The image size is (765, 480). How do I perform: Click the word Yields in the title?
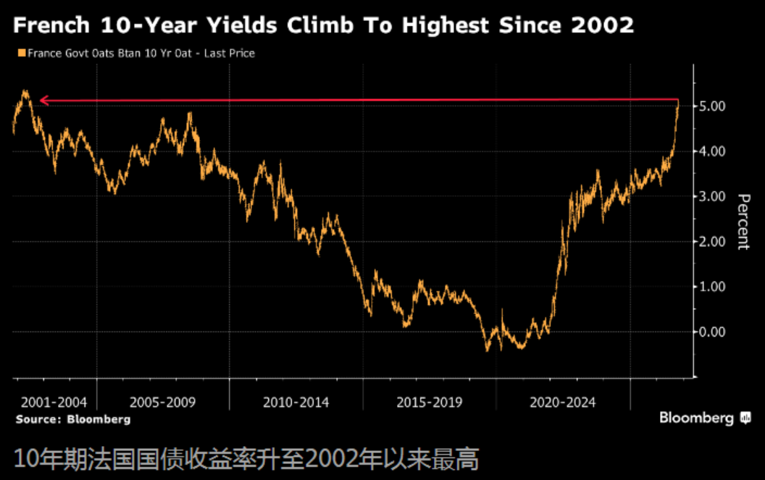[x=241, y=25]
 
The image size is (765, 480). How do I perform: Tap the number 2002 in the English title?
[x=603, y=25]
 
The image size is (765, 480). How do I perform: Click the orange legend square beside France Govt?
[x=22, y=53]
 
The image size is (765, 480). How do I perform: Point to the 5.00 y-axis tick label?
[x=712, y=106]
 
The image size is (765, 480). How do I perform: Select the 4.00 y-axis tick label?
[x=712, y=151]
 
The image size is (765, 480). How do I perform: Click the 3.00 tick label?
[x=712, y=197]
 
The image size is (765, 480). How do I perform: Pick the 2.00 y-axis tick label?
[x=712, y=242]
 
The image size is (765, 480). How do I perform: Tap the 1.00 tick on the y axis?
[x=712, y=287]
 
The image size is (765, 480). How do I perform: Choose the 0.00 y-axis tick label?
[x=712, y=332]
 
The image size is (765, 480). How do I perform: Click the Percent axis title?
[x=743, y=222]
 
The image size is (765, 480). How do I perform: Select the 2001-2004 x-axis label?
[x=54, y=403]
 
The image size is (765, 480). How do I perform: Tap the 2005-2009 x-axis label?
[x=162, y=403]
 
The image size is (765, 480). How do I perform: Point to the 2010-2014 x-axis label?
[x=296, y=403]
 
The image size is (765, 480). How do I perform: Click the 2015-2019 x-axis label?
[x=430, y=403]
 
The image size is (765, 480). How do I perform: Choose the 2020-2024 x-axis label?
[x=563, y=403]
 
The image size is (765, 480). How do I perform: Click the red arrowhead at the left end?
[x=44, y=101]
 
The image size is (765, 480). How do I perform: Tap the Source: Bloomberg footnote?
[x=73, y=419]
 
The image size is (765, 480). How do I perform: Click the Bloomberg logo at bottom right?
[x=705, y=418]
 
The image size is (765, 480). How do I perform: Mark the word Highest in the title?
[x=445, y=25]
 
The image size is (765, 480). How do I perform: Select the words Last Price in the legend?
[x=230, y=53]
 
